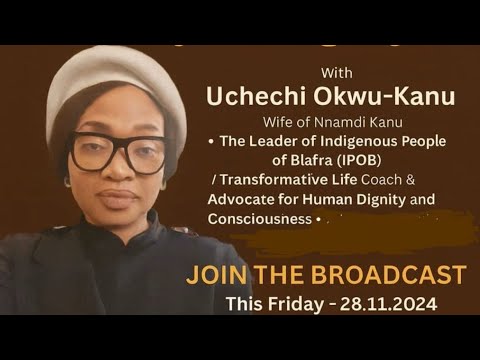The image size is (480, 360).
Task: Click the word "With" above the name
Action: pos(337,73)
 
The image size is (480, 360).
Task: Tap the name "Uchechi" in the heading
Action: pos(255,97)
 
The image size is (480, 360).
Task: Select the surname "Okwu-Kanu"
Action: pos(384,96)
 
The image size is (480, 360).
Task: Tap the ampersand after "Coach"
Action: pos(410,180)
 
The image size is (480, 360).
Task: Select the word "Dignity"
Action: pos(381,200)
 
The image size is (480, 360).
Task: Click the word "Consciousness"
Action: pos(260,219)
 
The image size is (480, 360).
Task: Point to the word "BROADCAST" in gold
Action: pos(388,275)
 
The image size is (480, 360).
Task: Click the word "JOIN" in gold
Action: pos(217,275)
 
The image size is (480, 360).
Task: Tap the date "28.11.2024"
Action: pos(388,304)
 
